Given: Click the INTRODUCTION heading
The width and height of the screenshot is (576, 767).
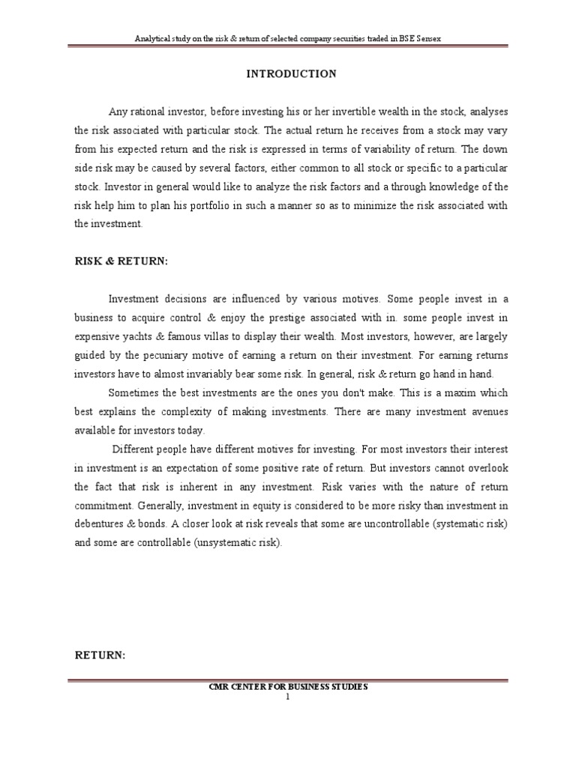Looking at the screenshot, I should coord(292,73).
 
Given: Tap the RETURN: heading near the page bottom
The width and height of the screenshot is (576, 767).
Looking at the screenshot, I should coord(100,655).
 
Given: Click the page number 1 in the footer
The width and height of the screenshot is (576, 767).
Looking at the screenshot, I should coord(287,696).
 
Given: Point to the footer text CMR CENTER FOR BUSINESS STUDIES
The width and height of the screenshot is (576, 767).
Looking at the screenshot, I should coord(288,687).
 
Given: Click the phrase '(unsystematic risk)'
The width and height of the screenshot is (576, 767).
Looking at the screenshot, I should coord(238,542).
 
